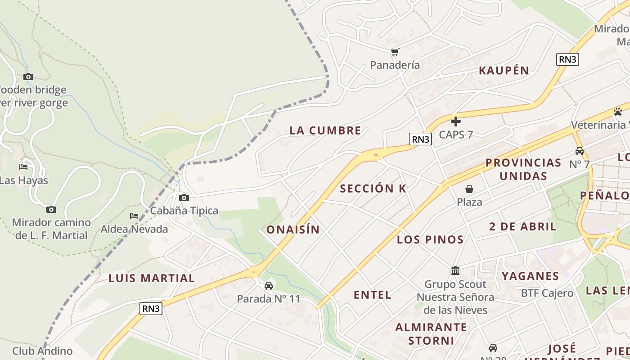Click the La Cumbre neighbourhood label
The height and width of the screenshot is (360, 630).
(325, 130)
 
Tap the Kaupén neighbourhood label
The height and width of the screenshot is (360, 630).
(504, 70)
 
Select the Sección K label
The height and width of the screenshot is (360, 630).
(373, 189)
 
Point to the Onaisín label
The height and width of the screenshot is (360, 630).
(293, 229)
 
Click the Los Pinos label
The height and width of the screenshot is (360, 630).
(430, 239)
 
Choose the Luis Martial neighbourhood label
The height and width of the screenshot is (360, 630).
(152, 278)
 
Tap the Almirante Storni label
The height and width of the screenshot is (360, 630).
(431, 333)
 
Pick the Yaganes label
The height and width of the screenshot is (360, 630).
(530, 276)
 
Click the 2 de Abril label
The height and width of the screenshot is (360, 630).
(522, 226)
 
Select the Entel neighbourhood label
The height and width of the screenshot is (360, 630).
(372, 295)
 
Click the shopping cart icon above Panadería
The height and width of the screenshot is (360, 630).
(395, 52)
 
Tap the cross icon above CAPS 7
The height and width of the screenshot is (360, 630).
(456, 121)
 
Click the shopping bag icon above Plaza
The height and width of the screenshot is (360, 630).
(469, 189)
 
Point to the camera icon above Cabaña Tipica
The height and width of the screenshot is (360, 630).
(184, 198)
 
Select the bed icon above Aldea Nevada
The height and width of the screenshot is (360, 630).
(134, 216)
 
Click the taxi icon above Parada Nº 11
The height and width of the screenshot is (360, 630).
(268, 286)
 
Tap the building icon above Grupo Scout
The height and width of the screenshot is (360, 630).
(455, 271)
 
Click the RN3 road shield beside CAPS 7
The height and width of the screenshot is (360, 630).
(420, 139)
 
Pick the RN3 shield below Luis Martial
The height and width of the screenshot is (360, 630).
(151, 309)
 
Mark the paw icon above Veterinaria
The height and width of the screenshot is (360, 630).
(617, 111)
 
